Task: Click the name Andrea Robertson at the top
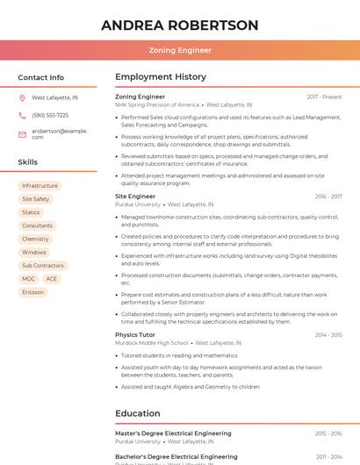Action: click(180, 25)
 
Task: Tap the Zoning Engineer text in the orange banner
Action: click(180, 50)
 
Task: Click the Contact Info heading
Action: click(41, 77)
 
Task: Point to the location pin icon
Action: click(22, 98)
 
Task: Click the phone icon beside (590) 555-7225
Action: click(22, 116)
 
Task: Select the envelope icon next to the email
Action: click(22, 134)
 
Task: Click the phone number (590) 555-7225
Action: click(50, 116)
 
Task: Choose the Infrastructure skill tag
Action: click(40, 186)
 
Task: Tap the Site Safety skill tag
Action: click(35, 199)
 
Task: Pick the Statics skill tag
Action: click(31, 212)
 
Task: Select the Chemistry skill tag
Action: click(35, 239)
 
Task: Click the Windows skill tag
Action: click(34, 252)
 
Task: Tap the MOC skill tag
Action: click(29, 279)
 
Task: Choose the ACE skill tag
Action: click(52, 279)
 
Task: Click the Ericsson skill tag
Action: click(32, 292)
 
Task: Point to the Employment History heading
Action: click(161, 77)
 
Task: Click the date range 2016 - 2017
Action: click(328, 197)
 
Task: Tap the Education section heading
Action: click(138, 413)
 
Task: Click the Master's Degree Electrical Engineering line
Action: click(173, 433)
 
